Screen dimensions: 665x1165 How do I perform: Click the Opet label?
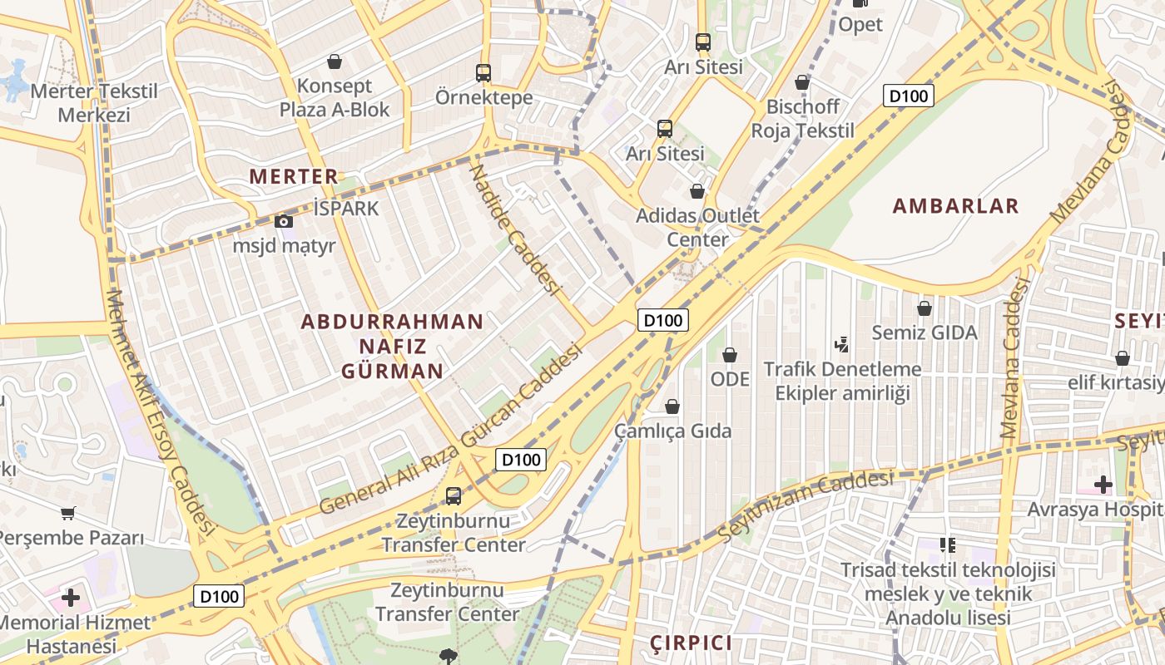[x=860, y=25]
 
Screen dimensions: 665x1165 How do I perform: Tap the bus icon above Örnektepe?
[x=483, y=72]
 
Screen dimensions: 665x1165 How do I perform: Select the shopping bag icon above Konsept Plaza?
[x=335, y=62]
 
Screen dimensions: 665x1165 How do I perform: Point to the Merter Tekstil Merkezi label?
[x=94, y=102]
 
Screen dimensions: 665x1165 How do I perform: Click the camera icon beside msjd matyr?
[x=284, y=221]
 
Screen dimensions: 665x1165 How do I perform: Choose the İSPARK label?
[x=346, y=208]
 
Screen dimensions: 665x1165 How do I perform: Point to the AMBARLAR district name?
[x=955, y=206]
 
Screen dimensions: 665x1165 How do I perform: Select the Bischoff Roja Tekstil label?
[x=802, y=118]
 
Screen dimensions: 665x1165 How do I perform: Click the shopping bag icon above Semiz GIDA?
[x=924, y=308]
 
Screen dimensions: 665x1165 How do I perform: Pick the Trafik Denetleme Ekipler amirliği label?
[x=842, y=380]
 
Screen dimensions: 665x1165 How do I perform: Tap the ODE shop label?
[x=730, y=379]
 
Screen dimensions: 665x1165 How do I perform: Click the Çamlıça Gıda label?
[x=672, y=431]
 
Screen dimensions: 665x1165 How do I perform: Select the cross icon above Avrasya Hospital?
[x=1103, y=484]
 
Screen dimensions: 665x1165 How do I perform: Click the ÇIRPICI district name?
[x=692, y=643]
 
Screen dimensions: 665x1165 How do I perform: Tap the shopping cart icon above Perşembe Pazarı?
[x=67, y=514]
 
